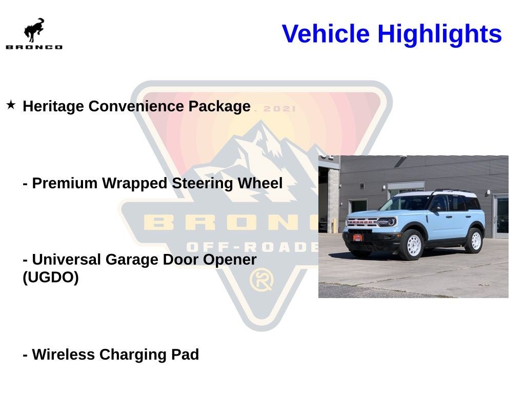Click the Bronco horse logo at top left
point(34,30)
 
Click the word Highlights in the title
point(439,34)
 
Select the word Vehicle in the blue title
point(326,34)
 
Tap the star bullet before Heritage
point(11,105)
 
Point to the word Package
point(219,106)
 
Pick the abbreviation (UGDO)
point(51,278)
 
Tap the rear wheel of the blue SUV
point(474,240)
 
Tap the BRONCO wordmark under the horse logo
point(34,47)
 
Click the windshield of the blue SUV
point(406,204)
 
